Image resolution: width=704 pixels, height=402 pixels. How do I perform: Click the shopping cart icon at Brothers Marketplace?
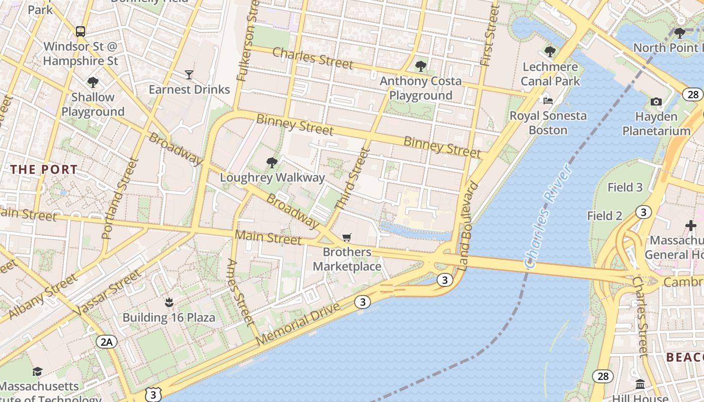point(346,237)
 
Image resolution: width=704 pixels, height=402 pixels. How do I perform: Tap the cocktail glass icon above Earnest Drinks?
point(189,75)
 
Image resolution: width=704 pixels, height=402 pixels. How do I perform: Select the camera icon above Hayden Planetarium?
point(656,102)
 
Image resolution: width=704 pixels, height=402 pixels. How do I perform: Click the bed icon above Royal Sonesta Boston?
point(548,101)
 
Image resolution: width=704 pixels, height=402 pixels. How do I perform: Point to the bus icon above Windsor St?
point(80,32)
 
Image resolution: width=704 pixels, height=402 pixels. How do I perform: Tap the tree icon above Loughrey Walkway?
point(272,162)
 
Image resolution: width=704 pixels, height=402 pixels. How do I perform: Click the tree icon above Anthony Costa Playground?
point(420,66)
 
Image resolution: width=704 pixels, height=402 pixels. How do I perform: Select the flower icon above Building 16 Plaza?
point(169,303)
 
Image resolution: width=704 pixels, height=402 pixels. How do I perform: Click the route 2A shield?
point(107,342)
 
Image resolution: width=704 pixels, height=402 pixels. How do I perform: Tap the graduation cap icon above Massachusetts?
point(37,372)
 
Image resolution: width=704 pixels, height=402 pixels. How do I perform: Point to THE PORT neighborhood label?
point(44,169)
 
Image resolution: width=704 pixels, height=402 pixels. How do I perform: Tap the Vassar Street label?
point(107,293)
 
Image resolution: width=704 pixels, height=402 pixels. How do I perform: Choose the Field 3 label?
point(625,187)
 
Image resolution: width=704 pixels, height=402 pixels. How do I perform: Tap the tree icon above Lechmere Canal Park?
point(550,52)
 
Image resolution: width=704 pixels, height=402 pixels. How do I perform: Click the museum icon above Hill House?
point(640,384)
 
